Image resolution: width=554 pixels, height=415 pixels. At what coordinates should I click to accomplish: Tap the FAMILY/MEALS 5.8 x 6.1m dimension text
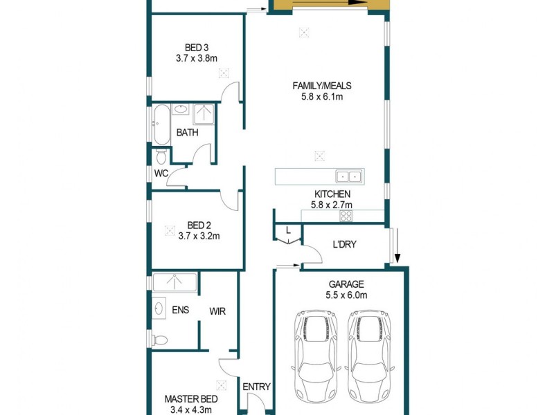322,97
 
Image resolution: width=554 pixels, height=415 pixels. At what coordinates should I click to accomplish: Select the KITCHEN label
332,194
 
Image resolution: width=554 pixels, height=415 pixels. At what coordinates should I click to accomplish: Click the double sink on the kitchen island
349,176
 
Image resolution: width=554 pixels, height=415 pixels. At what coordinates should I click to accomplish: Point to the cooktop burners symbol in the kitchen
346,216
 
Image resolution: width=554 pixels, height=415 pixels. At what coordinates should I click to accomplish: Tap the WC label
161,173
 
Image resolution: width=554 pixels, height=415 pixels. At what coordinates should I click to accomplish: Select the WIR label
217,312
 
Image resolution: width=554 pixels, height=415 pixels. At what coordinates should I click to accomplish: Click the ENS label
180,311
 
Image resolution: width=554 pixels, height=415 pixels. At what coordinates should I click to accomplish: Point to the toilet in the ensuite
159,339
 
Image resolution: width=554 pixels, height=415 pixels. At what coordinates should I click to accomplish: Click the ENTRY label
256,387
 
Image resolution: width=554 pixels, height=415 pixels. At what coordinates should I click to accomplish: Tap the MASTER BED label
191,399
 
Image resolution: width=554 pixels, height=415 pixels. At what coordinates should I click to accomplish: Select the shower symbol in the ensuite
175,282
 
